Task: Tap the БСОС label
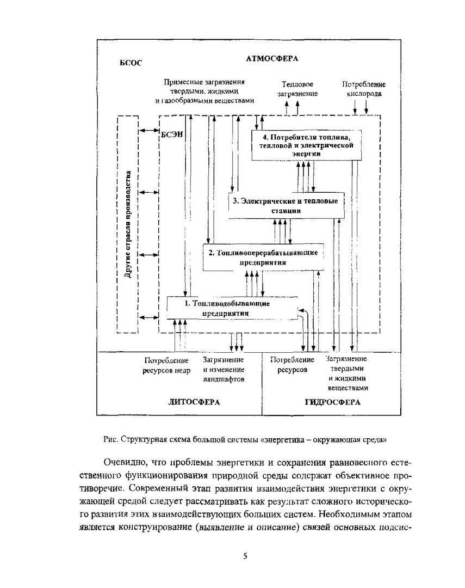point(131,63)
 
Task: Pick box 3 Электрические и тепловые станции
point(286,205)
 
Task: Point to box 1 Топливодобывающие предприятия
point(232,308)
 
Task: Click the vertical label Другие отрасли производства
point(128,225)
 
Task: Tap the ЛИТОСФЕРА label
point(193,402)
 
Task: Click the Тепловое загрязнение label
point(297,89)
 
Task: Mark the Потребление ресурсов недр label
point(167,365)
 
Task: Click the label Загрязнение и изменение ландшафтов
point(224,369)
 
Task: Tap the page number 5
point(245,556)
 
